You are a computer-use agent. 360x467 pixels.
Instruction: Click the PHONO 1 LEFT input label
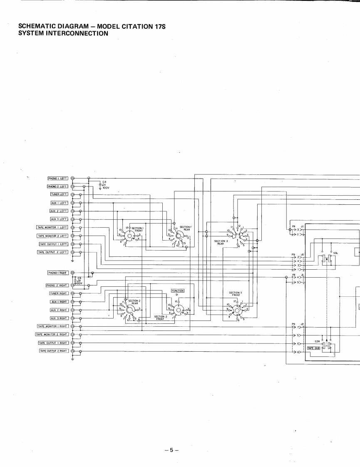58,178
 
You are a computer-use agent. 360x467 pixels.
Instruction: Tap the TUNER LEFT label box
59,194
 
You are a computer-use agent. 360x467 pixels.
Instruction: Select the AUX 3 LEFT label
59,219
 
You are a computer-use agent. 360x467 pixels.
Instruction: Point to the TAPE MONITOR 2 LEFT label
52,236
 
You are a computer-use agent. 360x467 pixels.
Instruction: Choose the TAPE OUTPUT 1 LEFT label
53,244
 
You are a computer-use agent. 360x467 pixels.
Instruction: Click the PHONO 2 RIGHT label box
57,285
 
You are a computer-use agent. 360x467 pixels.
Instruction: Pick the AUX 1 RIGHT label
59,302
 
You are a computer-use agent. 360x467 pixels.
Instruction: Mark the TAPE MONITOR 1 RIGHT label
52,326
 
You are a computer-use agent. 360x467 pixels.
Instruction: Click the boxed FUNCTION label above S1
178,291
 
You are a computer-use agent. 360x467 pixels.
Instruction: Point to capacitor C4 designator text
104,181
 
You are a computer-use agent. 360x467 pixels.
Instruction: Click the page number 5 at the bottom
171,450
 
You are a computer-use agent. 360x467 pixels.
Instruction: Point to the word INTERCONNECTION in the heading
76,33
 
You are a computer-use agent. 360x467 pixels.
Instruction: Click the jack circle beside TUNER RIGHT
72,293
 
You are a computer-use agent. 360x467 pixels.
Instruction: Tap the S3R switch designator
317,340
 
